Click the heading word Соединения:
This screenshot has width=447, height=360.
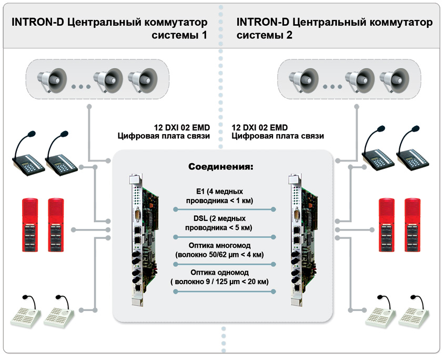point(221,167)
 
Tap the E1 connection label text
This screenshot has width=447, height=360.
point(220,195)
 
